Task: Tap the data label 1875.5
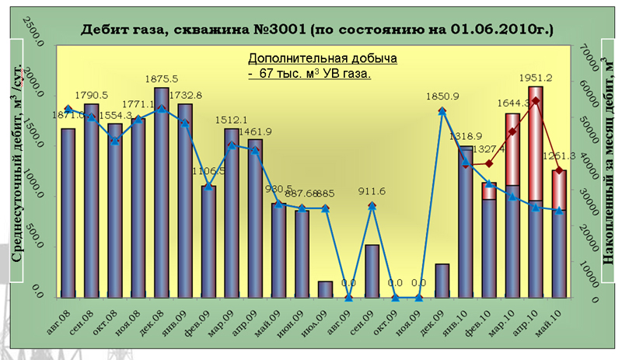point(162,79)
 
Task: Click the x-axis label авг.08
point(66,312)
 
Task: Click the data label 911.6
point(372,191)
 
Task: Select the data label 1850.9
point(443,96)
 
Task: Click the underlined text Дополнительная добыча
point(323,59)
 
